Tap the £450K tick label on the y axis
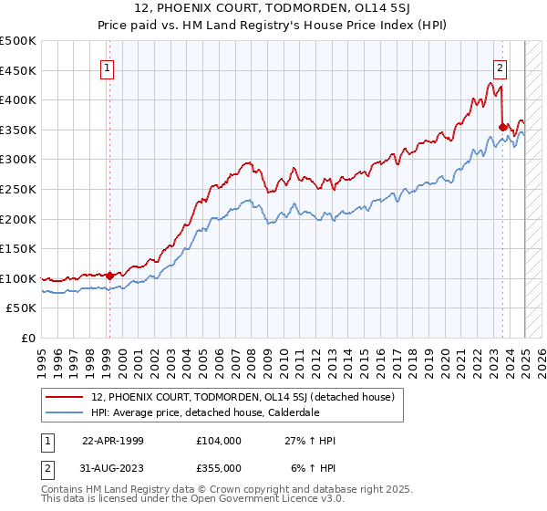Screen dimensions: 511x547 point(18,70)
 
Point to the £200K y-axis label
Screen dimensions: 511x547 point(18,219)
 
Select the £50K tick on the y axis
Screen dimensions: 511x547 point(22,308)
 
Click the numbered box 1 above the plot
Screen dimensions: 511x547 point(108,67)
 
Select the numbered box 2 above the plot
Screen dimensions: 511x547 point(501,67)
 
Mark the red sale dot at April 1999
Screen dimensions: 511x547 point(109,276)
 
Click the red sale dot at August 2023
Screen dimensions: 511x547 point(502,127)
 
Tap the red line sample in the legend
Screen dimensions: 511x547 point(65,397)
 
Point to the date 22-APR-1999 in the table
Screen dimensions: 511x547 point(113,441)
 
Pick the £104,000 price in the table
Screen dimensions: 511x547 point(218,441)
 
